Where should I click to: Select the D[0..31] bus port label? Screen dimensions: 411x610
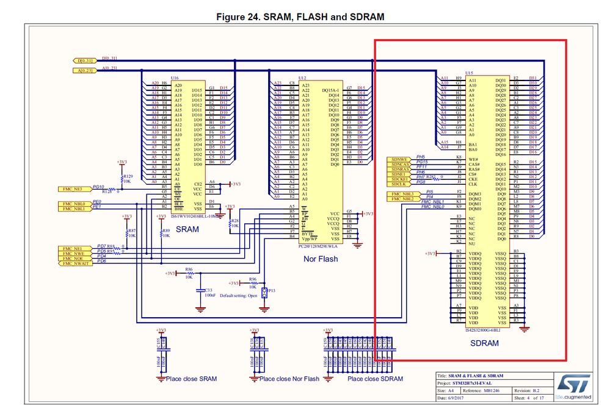[x=85, y=60]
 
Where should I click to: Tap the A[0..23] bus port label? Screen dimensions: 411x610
[x=85, y=71]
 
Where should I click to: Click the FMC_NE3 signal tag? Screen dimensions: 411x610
[x=73, y=189]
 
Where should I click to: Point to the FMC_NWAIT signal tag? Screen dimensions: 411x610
[x=74, y=263]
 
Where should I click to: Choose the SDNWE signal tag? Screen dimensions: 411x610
[x=401, y=160]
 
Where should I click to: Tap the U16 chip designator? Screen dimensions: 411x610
[x=175, y=78]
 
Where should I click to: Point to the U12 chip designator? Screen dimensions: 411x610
[x=302, y=78]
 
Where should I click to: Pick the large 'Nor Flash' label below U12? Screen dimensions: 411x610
[x=321, y=259]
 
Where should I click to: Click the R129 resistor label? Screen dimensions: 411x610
[x=128, y=176]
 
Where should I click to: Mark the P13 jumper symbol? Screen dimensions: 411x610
[x=264, y=293]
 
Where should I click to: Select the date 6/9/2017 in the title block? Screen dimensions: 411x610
[x=452, y=398]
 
